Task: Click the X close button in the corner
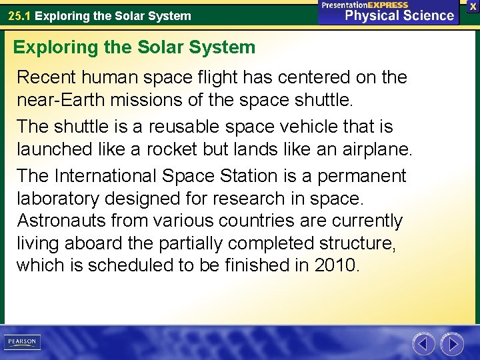[x=473, y=6]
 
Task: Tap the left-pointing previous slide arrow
[x=423, y=344]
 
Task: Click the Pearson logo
[x=22, y=342]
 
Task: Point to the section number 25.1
[x=19, y=15]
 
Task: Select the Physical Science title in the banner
[x=399, y=16]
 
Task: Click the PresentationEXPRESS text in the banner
[x=365, y=5]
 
